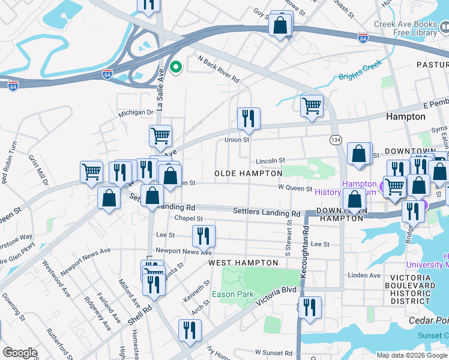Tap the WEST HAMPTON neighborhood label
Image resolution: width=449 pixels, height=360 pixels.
point(243,263)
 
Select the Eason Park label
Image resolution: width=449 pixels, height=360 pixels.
point(232,294)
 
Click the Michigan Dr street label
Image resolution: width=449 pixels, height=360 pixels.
point(136,112)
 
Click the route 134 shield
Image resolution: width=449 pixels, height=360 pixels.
point(336,139)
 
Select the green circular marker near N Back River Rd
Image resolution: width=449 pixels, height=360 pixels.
point(175,67)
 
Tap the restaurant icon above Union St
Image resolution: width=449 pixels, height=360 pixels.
point(249,118)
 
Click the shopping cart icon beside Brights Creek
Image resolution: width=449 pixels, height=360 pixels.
point(312,106)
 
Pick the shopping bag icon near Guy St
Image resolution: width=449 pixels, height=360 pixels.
point(280,25)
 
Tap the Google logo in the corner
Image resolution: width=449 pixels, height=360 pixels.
point(20,353)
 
